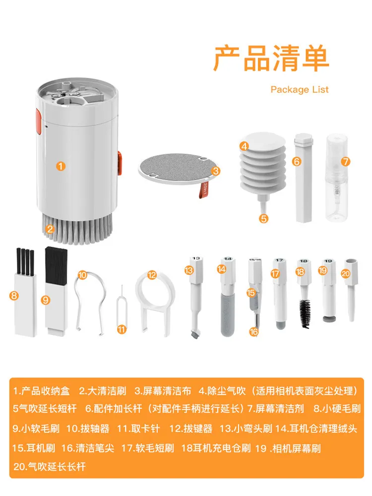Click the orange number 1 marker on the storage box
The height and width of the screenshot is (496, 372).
[61, 166]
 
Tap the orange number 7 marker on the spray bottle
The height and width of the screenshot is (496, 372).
[345, 161]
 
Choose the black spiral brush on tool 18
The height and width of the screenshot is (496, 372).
[305, 310]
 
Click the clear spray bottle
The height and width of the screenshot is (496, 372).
[337, 178]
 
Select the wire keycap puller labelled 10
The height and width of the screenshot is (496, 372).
[90, 304]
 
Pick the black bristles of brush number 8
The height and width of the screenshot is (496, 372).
[25, 261]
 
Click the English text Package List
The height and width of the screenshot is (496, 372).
[300, 89]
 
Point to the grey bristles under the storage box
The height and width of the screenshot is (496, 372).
[77, 232]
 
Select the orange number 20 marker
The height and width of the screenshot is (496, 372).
[345, 273]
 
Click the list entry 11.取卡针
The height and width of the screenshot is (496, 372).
[138, 429]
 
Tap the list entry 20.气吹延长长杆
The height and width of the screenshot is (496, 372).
[49, 467]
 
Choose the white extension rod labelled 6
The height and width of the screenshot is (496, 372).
[304, 178]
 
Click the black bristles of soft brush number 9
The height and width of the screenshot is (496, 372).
[57, 265]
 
